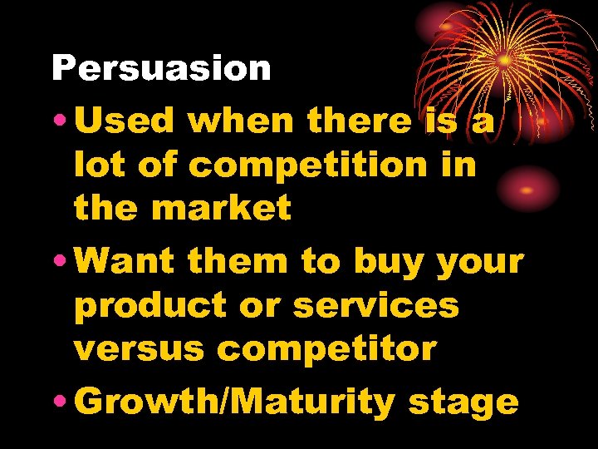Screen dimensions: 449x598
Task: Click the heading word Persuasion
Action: (x=161, y=68)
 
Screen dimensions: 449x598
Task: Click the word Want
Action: (x=128, y=262)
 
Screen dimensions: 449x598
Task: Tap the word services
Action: (x=375, y=305)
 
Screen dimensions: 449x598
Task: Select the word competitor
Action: (x=326, y=349)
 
